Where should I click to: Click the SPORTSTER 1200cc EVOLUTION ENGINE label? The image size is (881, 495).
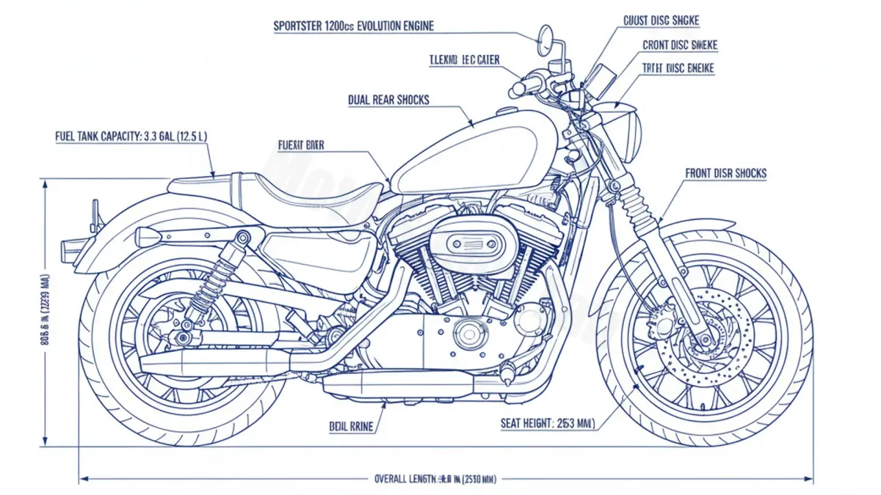pyautogui.click(x=353, y=26)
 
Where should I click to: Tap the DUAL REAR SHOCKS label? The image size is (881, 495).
pyautogui.click(x=388, y=100)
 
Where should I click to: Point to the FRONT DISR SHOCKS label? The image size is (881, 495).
pyautogui.click(x=725, y=174)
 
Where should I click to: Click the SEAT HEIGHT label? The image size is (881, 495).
pyautogui.click(x=548, y=423)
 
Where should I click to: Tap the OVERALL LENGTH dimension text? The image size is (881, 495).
pyautogui.click(x=435, y=480)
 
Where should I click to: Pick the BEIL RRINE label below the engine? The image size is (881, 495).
pyautogui.click(x=351, y=425)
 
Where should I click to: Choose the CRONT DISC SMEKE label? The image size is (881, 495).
pyautogui.click(x=680, y=45)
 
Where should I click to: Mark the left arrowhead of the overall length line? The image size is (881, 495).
pyautogui.click(x=82, y=480)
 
